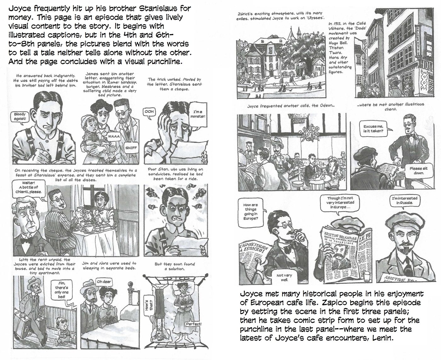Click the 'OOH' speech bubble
tap(149, 112)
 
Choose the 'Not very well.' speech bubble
tap(284, 277)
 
